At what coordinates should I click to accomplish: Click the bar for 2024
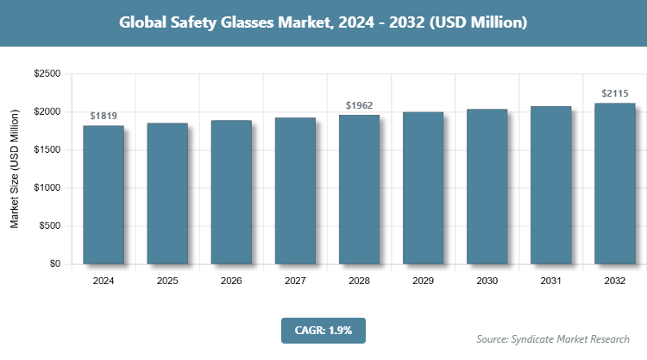104,194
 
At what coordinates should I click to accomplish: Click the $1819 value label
104,116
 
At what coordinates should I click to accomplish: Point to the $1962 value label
359,105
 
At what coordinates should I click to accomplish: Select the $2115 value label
614,93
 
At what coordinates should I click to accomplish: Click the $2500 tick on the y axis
47,74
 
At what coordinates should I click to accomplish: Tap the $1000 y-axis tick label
47,188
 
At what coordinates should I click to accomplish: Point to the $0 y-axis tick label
54,264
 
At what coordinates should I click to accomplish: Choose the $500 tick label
49,226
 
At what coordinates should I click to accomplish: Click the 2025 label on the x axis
167,281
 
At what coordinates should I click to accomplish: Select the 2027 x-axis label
295,281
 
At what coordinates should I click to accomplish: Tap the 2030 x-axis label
487,281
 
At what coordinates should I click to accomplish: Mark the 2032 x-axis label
614,281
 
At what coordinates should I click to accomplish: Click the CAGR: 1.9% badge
323,330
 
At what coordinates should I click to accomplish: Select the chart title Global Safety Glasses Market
323,23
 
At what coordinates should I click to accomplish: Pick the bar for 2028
359,189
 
